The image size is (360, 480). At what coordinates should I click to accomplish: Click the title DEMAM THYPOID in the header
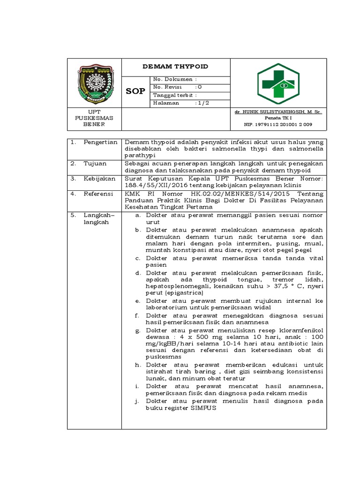(x=175, y=67)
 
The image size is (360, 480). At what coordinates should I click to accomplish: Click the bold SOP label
(x=135, y=91)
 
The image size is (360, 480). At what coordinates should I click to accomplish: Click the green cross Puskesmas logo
(x=278, y=83)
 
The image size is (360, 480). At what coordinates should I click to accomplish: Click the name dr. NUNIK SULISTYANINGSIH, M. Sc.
(x=278, y=112)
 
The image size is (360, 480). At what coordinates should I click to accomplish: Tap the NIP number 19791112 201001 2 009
(x=278, y=125)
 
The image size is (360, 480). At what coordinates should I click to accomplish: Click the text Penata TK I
(x=278, y=119)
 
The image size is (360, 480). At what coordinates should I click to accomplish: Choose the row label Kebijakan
(x=98, y=179)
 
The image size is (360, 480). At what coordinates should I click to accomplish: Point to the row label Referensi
(x=98, y=193)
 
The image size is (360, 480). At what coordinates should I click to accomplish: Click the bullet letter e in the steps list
(x=137, y=301)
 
